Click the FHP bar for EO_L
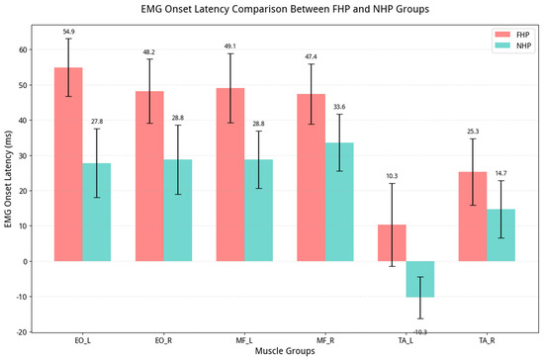68,164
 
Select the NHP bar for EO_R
178,211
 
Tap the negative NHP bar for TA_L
420,279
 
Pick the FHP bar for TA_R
473,217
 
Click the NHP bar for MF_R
339,202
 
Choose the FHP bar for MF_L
230,175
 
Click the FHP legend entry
512,35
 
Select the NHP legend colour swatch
502,45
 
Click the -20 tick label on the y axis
22,332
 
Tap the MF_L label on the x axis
244,340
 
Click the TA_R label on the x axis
487,340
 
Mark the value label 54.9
68,32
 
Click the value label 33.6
339,107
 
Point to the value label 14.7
500,173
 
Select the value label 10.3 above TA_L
392,176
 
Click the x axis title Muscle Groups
285,351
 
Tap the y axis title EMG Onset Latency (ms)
8,179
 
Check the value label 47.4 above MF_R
311,57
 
